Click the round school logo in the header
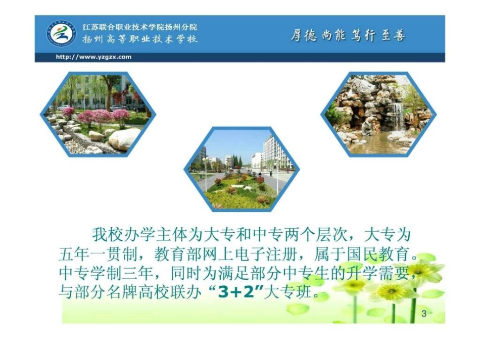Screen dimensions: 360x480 pos(62,34)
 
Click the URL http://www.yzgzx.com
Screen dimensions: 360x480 pos(93,57)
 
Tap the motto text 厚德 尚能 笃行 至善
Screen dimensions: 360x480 pos(348,36)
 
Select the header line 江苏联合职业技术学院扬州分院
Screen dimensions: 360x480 pos(139,27)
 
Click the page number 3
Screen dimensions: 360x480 pos(424,314)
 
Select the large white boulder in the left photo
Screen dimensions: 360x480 pos(124,139)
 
